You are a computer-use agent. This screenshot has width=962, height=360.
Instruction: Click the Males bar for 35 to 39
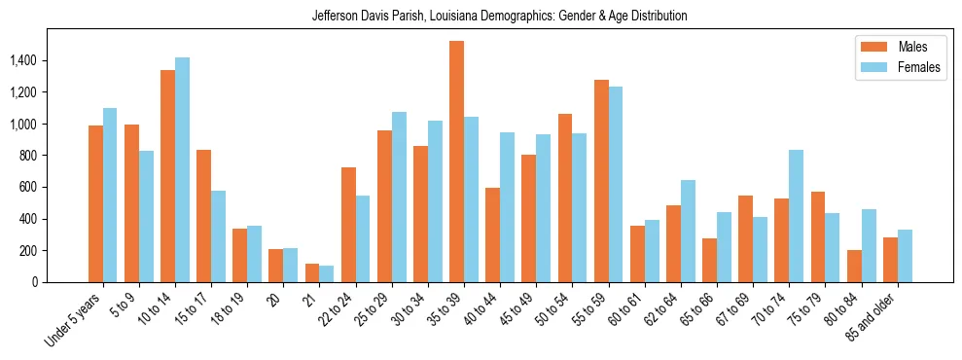[x=456, y=162]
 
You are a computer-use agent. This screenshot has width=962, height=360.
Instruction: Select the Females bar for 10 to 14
[x=182, y=169]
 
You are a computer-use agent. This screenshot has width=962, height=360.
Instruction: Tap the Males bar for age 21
[x=312, y=272]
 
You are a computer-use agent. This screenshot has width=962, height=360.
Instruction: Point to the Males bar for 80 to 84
[x=854, y=266]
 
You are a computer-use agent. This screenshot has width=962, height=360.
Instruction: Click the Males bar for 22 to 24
[x=348, y=225]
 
